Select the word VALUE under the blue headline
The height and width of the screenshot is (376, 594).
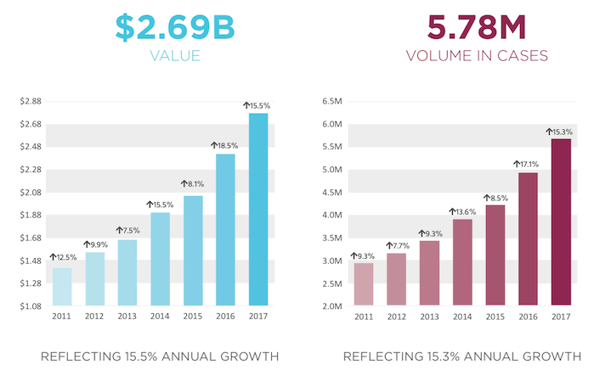[174, 57]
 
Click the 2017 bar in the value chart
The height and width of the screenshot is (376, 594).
[257, 209]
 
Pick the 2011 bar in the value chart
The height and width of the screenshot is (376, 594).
[62, 286]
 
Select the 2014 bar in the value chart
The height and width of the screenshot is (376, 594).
[160, 258]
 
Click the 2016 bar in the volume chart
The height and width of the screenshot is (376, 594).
[528, 239]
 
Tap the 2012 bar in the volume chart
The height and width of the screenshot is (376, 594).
[397, 279]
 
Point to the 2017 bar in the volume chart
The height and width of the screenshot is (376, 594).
[561, 222]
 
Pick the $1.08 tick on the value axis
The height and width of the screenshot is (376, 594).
[31, 306]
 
